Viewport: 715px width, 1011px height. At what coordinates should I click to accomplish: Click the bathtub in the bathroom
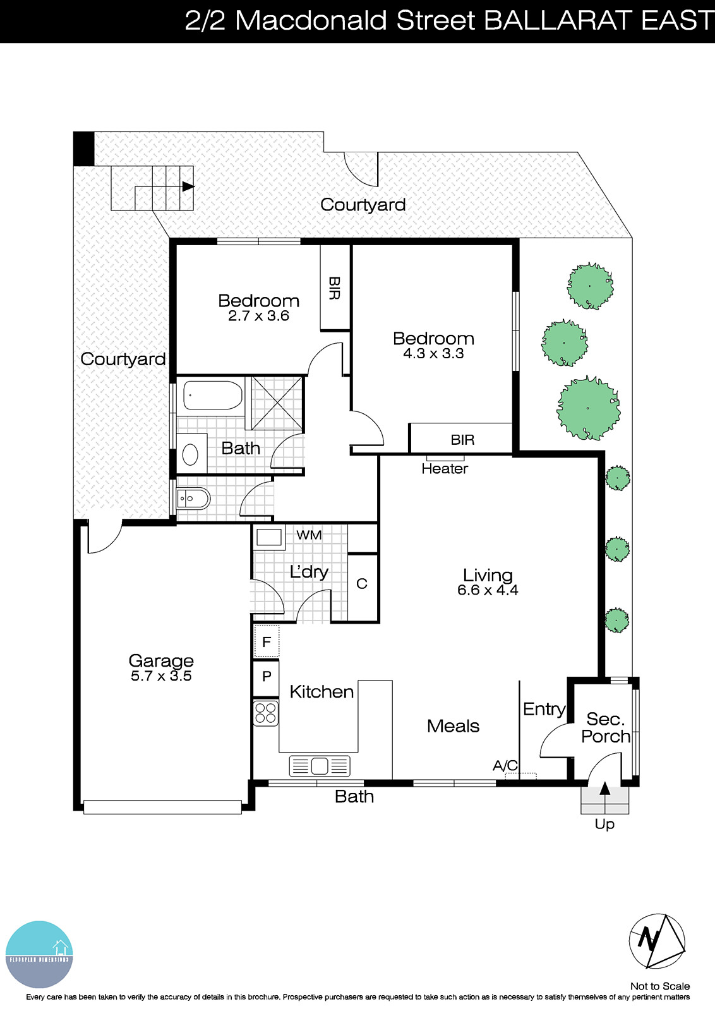(x=212, y=396)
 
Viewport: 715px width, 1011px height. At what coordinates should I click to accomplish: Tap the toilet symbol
(x=194, y=499)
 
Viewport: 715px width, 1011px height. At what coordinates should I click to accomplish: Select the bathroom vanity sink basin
(x=190, y=454)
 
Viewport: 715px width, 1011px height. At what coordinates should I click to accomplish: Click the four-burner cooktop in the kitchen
(x=266, y=713)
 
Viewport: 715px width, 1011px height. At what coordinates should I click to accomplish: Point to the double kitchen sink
(x=320, y=766)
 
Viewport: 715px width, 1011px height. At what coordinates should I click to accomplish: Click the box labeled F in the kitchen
(x=267, y=642)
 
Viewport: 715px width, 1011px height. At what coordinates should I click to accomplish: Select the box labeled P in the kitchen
(x=267, y=676)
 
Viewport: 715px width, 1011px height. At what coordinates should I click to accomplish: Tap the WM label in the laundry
(x=309, y=535)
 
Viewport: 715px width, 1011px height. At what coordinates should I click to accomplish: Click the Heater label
(x=445, y=469)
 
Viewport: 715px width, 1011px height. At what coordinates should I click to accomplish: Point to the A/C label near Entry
(x=505, y=766)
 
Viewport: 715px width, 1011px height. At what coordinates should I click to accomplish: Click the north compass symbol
(x=657, y=941)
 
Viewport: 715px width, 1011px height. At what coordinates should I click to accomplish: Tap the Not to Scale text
(x=659, y=986)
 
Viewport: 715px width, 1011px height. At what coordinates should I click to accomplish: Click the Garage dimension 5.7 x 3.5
(x=161, y=676)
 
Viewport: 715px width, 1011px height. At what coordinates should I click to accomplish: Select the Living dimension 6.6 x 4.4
(x=488, y=590)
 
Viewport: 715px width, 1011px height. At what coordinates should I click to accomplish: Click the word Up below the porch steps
(x=604, y=824)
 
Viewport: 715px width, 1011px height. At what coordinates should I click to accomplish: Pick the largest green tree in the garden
(x=588, y=408)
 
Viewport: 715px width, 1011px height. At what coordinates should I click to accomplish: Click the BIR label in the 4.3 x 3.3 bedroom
(x=462, y=440)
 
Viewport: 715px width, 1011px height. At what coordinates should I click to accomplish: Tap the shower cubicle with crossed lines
(x=277, y=403)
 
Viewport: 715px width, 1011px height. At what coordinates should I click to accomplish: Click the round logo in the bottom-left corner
(x=39, y=954)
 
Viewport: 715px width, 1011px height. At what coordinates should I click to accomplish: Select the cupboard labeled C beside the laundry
(x=362, y=584)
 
